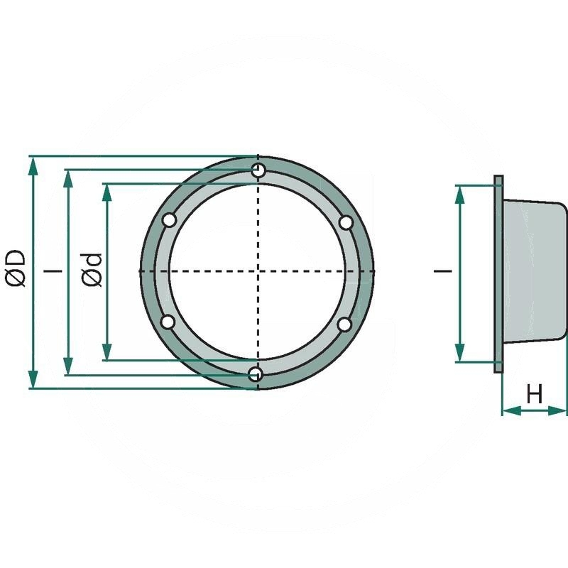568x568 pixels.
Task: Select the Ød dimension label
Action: click(92, 270)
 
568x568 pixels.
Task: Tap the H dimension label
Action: click(535, 393)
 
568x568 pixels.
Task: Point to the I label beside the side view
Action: click(443, 271)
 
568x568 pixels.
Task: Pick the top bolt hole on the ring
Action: click(258, 170)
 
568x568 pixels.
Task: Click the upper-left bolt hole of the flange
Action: click(169, 221)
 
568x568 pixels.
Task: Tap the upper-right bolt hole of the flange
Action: click(346, 222)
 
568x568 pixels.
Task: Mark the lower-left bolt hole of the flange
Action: click(168, 322)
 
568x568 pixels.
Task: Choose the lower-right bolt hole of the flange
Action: click(344, 324)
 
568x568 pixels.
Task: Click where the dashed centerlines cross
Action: click(258, 271)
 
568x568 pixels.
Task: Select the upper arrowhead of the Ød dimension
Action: click(106, 192)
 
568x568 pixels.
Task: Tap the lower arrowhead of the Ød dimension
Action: click(106, 351)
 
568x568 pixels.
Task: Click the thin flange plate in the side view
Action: click(498, 273)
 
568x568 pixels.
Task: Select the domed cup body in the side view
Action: click(534, 273)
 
